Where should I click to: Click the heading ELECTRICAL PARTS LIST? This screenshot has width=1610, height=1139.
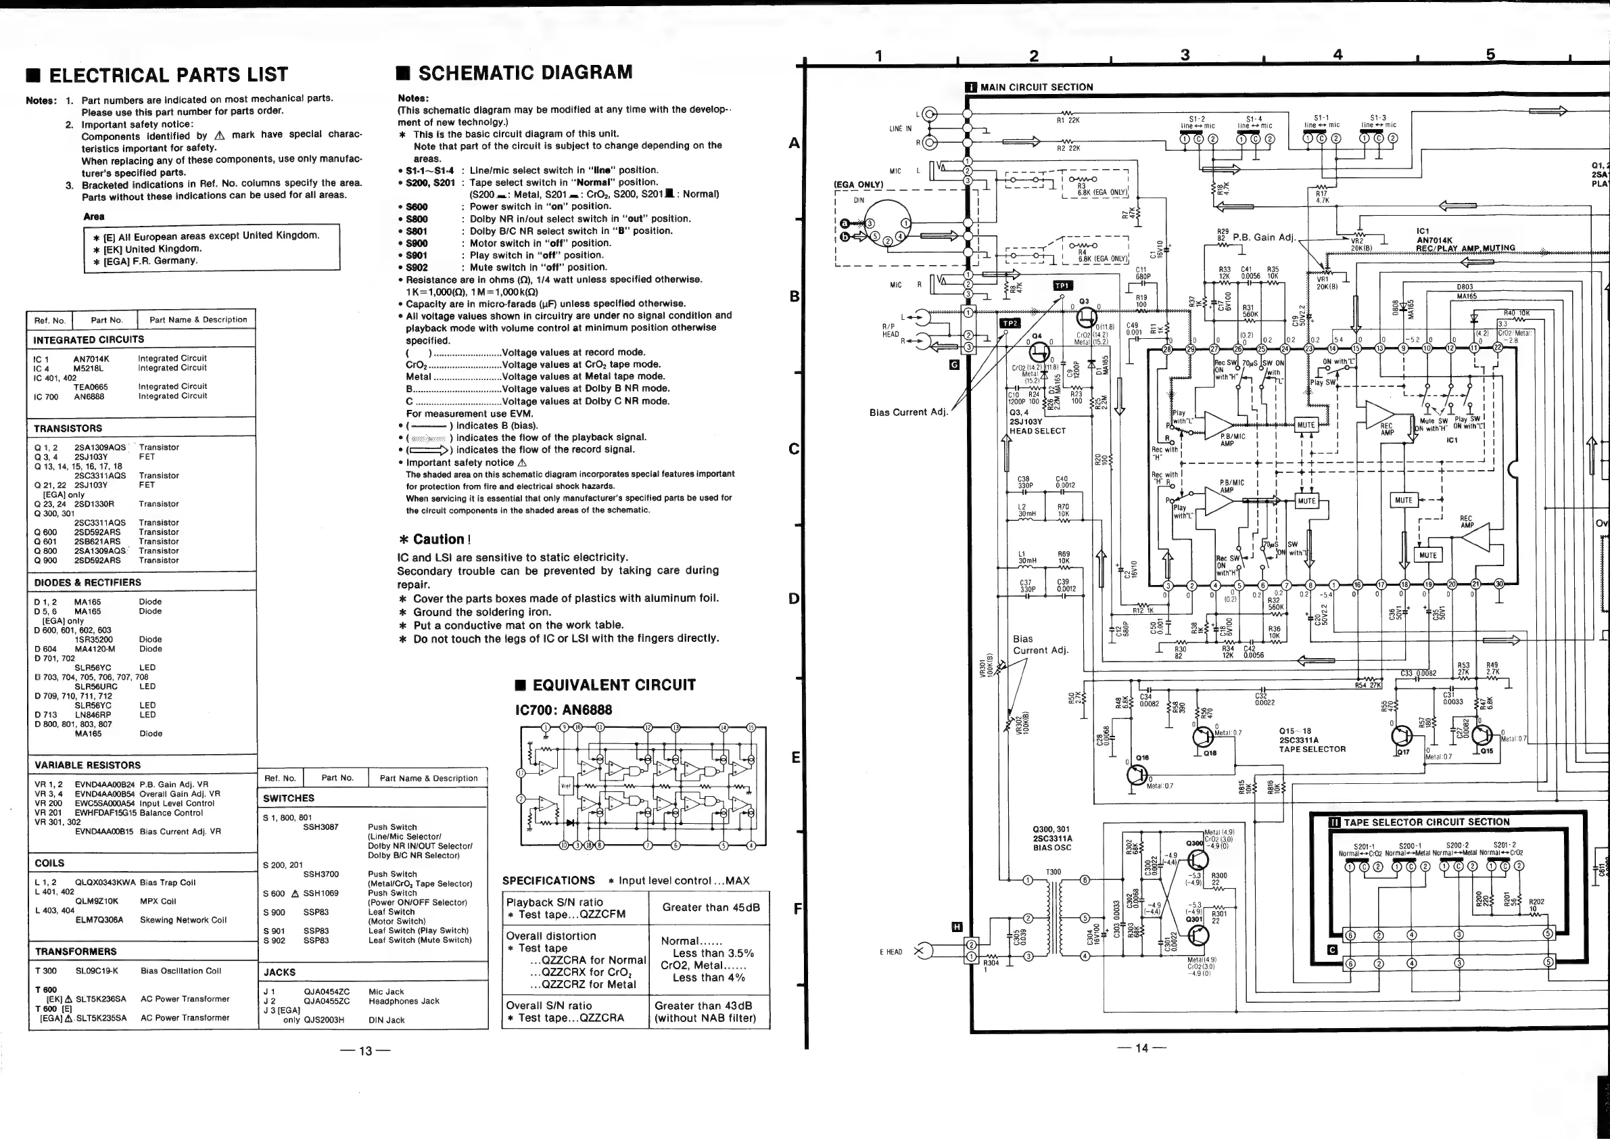[x=168, y=75]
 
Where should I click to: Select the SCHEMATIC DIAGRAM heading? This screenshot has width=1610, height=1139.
[x=525, y=73]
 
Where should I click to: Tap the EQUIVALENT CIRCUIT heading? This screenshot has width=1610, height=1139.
[x=613, y=685]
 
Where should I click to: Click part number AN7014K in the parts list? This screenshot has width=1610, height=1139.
[x=91, y=358]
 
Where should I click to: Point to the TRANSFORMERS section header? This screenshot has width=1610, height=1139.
[x=76, y=952]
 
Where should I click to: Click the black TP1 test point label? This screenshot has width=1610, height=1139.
[x=1062, y=285]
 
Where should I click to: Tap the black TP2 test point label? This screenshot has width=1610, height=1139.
[x=1010, y=323]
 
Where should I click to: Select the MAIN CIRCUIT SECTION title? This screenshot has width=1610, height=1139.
[x=1036, y=87]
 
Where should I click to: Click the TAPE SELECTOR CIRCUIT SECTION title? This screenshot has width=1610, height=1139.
[x=1425, y=822]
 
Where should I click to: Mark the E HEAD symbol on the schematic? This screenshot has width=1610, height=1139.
[x=922, y=951]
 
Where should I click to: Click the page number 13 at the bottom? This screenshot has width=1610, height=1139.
[x=365, y=1051]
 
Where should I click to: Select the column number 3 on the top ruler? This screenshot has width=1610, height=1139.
[x=1185, y=55]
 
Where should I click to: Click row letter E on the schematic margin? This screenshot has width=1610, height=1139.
[x=795, y=757]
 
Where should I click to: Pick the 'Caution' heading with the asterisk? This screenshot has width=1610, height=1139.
[x=434, y=539]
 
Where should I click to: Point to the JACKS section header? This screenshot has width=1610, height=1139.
[x=280, y=972]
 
